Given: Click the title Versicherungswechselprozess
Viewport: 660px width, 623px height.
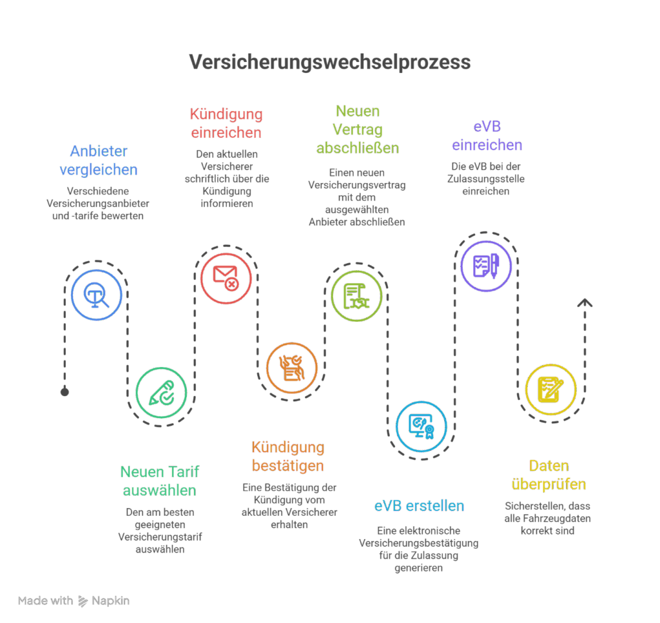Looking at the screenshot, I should pos(329,63).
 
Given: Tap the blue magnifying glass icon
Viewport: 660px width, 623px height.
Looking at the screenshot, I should pos(97,295).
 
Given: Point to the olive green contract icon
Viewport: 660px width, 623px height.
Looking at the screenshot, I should pos(356,296).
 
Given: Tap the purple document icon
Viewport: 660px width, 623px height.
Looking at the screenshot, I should pos(486,265).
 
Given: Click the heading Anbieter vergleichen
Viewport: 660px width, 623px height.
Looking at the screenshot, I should pos(99,161).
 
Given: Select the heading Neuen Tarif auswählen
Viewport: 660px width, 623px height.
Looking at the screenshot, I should pos(159,480).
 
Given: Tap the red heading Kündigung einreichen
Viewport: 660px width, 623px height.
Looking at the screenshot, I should pos(226,123).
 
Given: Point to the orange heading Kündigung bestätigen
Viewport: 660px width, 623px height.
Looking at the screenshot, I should pos(287,456).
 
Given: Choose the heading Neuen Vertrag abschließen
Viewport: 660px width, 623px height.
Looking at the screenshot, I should pos(357,130).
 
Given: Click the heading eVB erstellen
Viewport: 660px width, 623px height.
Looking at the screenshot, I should pos(419,506).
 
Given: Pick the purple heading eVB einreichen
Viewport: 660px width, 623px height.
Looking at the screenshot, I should pos(487,135).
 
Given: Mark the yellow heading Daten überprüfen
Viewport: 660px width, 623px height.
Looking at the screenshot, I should pos(548,475).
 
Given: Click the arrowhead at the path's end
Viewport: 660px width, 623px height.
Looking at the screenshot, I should pos(585,302).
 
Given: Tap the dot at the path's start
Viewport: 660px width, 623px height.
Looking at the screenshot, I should pos(64,391).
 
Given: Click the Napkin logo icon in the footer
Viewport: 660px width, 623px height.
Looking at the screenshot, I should pos(82,601).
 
